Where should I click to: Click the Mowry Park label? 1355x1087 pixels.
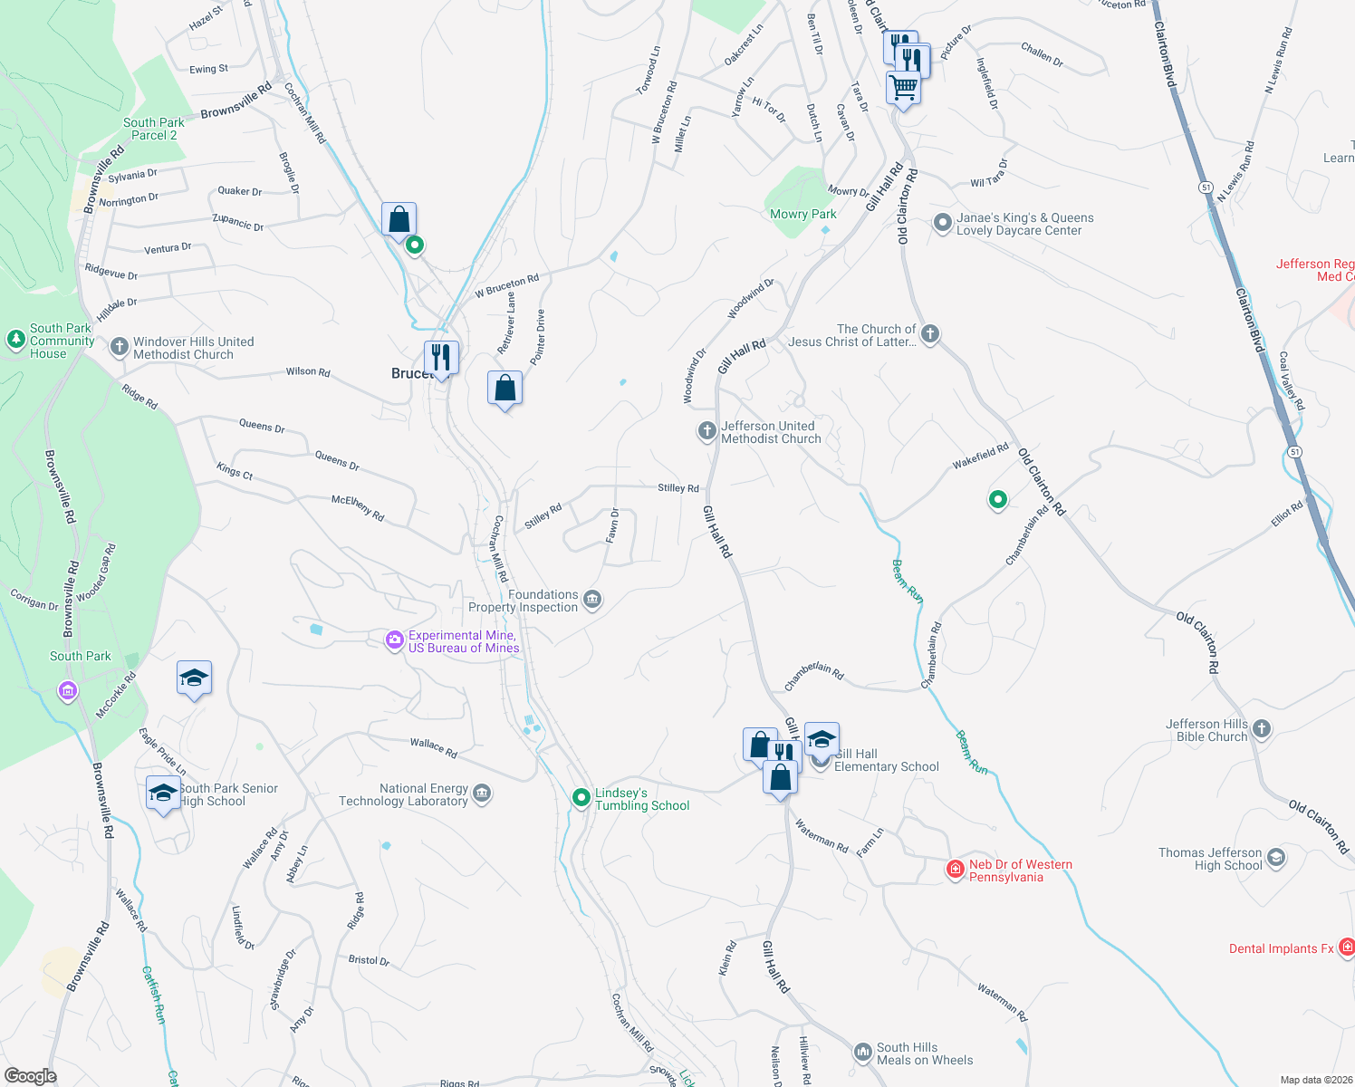point(802,215)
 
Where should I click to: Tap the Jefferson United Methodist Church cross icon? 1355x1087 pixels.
point(706,431)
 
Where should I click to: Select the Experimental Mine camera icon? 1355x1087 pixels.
point(394,641)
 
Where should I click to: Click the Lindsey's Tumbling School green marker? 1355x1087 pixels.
point(581,798)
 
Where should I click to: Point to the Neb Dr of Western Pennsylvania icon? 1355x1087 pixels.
point(955,870)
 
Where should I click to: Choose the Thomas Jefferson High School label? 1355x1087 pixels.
point(1210,859)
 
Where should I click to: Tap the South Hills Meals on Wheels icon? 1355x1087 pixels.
point(862,1053)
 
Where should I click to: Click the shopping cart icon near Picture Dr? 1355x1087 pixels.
point(903,89)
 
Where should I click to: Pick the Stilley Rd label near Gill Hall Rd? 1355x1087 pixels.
point(678,488)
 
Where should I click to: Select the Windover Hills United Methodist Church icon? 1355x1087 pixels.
point(119,347)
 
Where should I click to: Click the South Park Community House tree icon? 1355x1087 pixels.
point(15,340)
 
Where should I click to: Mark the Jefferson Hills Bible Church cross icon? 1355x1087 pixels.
point(1262,729)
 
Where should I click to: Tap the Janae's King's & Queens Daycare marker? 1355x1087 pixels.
point(942,223)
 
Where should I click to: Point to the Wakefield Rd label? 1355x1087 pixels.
point(980,457)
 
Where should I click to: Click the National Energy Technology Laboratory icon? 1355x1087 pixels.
point(482,794)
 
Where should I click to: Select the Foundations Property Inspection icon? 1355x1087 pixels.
point(592,600)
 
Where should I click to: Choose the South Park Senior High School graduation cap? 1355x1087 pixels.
point(163,794)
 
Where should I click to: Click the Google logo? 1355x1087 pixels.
point(30,1076)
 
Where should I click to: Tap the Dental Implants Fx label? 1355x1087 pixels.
point(1281,948)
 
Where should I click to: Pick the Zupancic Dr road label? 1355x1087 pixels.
point(238,222)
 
